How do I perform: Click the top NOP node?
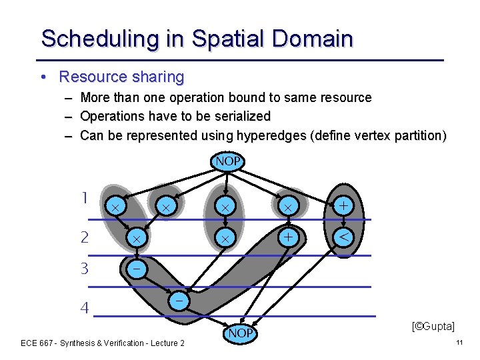[228, 161]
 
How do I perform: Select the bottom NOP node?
[240, 332]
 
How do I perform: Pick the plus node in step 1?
[343, 207]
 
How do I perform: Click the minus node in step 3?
[136, 269]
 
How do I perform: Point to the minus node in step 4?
[179, 301]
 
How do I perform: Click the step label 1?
[84, 198]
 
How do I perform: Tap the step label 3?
[84, 269]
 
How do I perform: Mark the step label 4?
[84, 308]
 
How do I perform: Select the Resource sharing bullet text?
[121, 77]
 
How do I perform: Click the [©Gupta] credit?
[433, 326]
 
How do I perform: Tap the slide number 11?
[459, 342]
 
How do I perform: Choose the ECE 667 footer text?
[103, 343]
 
